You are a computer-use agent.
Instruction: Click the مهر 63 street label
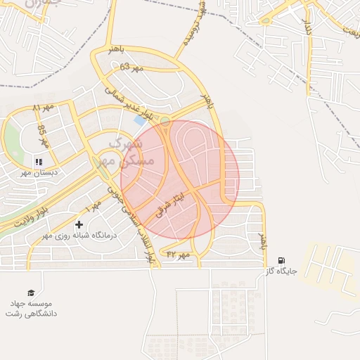pyautogui.click(x=131, y=67)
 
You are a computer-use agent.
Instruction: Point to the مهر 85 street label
pyautogui.click(x=41, y=134)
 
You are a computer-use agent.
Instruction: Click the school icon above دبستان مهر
pyautogui.click(x=38, y=162)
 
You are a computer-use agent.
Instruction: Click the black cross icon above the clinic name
pyautogui.click(x=79, y=225)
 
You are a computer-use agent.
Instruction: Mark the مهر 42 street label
pyautogui.click(x=179, y=255)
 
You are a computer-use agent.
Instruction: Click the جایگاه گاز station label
pyautogui.click(x=282, y=271)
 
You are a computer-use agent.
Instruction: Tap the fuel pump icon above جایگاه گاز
pyautogui.click(x=282, y=260)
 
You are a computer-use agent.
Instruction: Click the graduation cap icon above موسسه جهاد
pyautogui.click(x=30, y=292)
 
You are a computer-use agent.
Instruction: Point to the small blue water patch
pyautogui.click(x=140, y=120)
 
